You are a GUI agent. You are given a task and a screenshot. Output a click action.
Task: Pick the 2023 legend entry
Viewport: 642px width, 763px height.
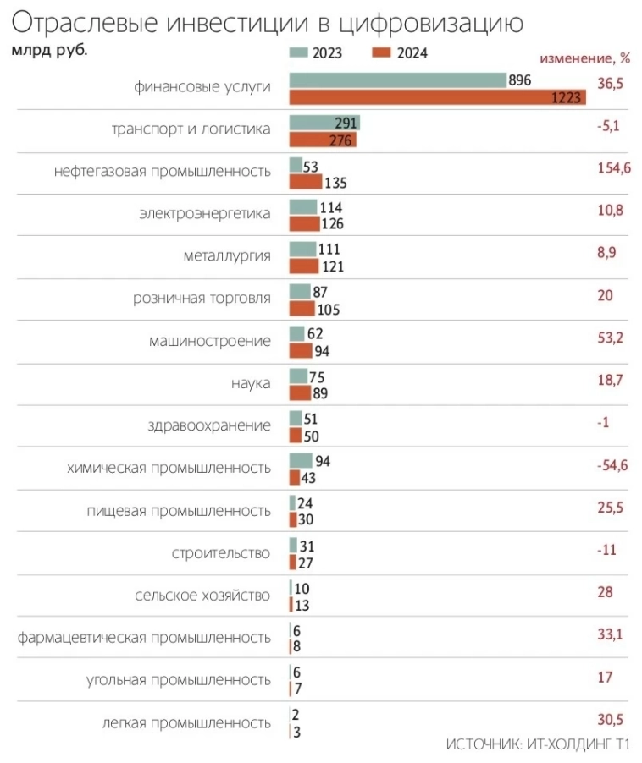[x=315, y=53]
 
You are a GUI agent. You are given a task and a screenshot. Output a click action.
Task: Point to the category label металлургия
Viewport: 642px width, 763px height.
[x=227, y=255]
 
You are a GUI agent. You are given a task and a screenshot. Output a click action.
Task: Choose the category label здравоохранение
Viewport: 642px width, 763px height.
[x=209, y=425]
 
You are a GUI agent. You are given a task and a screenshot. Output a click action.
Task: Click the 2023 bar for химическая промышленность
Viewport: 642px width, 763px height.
[x=301, y=460]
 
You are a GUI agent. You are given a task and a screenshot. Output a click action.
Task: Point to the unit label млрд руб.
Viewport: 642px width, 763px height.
[x=49, y=49]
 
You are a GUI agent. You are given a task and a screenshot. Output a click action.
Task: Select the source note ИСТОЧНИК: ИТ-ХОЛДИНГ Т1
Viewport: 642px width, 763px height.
[x=538, y=745]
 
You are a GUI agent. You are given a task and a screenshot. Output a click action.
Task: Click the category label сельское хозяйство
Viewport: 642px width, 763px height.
[x=202, y=595]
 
